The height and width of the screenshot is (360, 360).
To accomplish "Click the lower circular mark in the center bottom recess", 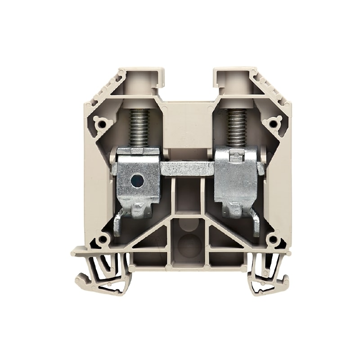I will coord(188,245).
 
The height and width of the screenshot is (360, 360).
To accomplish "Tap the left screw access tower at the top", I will coord(139,83).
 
